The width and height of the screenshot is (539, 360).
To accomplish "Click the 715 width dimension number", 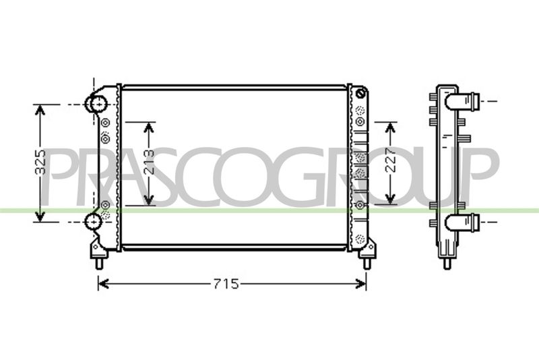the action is click(x=226, y=284).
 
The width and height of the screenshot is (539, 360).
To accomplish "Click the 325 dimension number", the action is click(x=40, y=162).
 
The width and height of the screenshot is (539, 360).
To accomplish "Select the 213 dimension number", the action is click(x=149, y=162).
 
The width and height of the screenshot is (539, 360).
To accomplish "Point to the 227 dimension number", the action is click(x=391, y=160).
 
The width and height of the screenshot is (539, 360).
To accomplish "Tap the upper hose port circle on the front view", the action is click(x=97, y=103).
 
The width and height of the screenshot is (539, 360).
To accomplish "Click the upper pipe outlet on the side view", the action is click(x=462, y=102).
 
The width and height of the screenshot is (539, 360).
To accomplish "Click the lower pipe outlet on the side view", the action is click(x=462, y=222).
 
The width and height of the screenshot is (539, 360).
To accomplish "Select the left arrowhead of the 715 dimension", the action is click(x=104, y=284).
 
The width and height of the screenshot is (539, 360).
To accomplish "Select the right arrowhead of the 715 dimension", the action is click(x=360, y=284).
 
